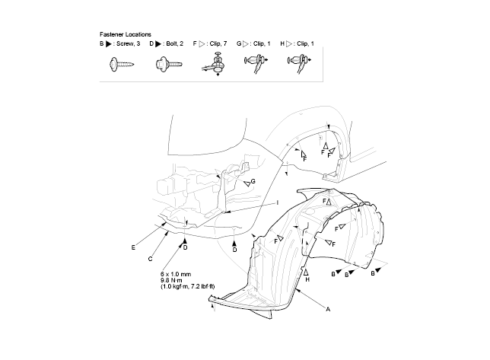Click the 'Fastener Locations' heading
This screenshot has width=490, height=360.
pyautogui.click(x=126, y=34)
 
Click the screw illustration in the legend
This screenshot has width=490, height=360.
pyautogui.click(x=122, y=65)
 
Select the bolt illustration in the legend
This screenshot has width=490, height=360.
pyautogui.click(x=169, y=65)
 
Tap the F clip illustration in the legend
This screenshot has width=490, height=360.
pyautogui.click(x=215, y=65)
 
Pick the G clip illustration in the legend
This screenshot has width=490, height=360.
pyautogui.click(x=256, y=63)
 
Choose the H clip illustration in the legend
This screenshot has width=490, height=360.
pyautogui.click(x=299, y=63)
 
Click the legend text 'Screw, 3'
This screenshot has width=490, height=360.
pyautogui.click(x=128, y=43)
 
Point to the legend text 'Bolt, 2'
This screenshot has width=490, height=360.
pyautogui.click(x=175, y=43)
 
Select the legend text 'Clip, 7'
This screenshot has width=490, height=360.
pyautogui.click(x=218, y=43)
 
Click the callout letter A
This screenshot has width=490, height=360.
pyautogui.click(x=328, y=309)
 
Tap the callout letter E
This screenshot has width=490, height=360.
pyautogui.click(x=133, y=247)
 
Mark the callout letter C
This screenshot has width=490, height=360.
pyautogui.click(x=151, y=259)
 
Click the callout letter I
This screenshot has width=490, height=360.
pyautogui.click(x=278, y=202)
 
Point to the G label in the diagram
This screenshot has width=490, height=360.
pyautogui.click(x=253, y=181)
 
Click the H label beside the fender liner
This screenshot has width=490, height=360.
pyautogui.click(x=307, y=279)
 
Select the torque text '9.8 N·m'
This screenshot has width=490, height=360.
pyautogui.click(x=171, y=280)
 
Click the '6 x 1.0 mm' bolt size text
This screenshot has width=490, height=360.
pyautogui.click(x=176, y=274)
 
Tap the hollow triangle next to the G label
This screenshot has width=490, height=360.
pyautogui.click(x=247, y=183)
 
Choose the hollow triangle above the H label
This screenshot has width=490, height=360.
pyautogui.click(x=306, y=272)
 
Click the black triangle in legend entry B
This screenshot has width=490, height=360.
pyautogui.click(x=109, y=44)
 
